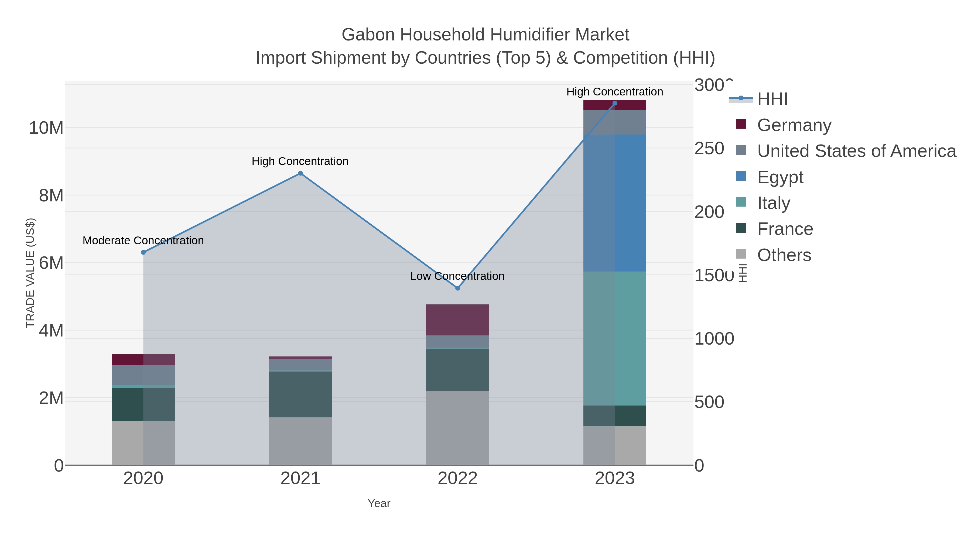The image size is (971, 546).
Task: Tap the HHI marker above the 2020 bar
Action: pos(143,252)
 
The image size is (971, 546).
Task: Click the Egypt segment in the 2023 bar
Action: pos(614,203)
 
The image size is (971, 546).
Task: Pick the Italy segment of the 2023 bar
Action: pos(614,338)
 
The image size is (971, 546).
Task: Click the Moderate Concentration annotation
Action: pos(143,241)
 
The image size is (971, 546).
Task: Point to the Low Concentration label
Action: pos(457,276)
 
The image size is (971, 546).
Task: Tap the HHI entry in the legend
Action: pos(772,99)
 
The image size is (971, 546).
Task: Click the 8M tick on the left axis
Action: pos(51,195)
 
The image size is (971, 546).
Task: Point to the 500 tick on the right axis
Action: pos(709,402)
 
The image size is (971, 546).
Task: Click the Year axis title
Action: pos(379,503)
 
